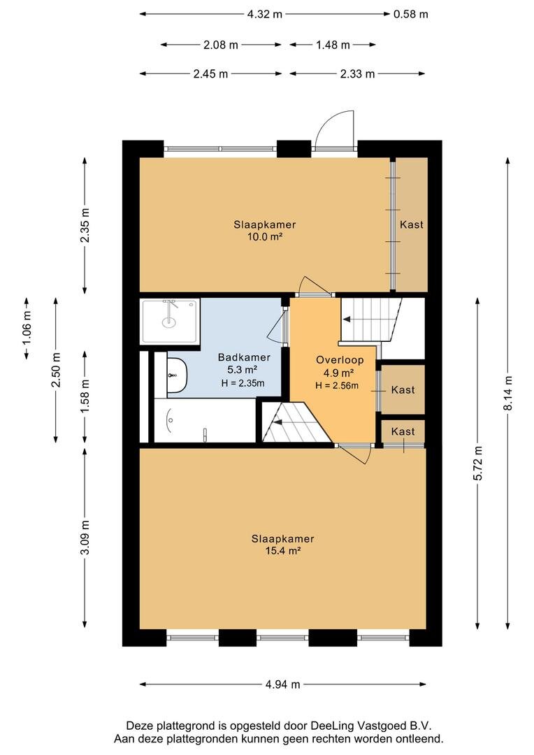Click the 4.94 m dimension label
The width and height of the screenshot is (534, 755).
coord(282,684)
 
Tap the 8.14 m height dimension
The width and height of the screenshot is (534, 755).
coord(508,393)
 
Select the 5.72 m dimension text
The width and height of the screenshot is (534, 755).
coord(477,463)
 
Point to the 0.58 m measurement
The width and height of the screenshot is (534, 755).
coord(411,14)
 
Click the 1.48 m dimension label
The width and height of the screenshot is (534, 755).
coord(333,45)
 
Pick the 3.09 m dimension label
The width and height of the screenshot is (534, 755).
coord(85,538)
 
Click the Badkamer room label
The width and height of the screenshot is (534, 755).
coord(244,357)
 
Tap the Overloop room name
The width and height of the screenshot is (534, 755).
coord(340,360)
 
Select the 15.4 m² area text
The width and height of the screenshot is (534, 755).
coord(283,551)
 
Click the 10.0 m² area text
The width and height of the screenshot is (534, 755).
coord(264,236)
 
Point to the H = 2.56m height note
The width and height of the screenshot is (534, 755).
coord(337,385)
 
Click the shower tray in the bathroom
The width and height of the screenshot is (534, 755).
coord(169,321)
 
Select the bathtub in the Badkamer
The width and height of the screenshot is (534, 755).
coord(205,420)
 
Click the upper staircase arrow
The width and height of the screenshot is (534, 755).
coord(359,319)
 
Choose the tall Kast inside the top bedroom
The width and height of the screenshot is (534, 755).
coord(412,224)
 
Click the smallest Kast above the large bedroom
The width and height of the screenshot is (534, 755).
coord(403,432)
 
